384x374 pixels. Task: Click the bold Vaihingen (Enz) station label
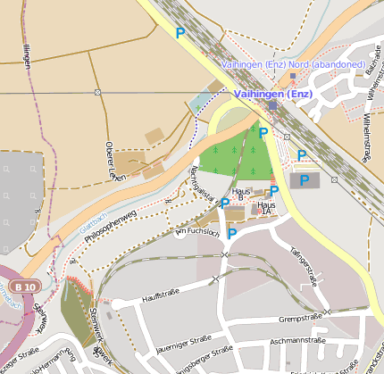(271, 93)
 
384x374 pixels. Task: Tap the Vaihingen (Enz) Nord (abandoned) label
(292, 64)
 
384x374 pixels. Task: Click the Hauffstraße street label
(161, 291)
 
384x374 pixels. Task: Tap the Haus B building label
(239, 195)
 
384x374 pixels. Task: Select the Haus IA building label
(265, 207)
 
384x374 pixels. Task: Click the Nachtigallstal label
(201, 185)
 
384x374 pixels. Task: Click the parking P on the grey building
(304, 179)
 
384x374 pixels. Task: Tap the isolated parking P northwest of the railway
(179, 33)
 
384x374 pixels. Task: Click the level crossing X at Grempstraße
(328, 312)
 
